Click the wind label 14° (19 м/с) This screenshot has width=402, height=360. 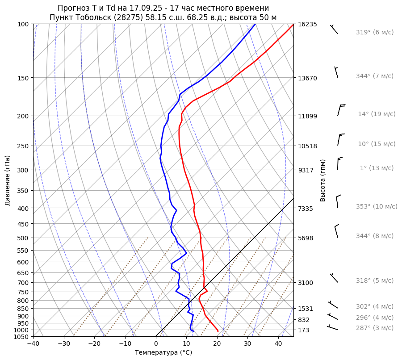pyautogui.click(x=377, y=114)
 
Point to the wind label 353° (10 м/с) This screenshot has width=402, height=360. pyautogui.click(x=377, y=206)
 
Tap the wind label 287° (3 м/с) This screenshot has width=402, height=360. pyautogui.click(x=375, y=328)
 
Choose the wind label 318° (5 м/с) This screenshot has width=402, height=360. pyautogui.click(x=375, y=280)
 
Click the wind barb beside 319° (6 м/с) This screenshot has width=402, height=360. pyautogui.click(x=334, y=29)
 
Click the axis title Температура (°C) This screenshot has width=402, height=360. pyautogui.click(x=163, y=353)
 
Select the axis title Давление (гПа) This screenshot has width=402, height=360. pyautogui.click(x=8, y=180)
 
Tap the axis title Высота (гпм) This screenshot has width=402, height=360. pyautogui.click(x=322, y=180)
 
